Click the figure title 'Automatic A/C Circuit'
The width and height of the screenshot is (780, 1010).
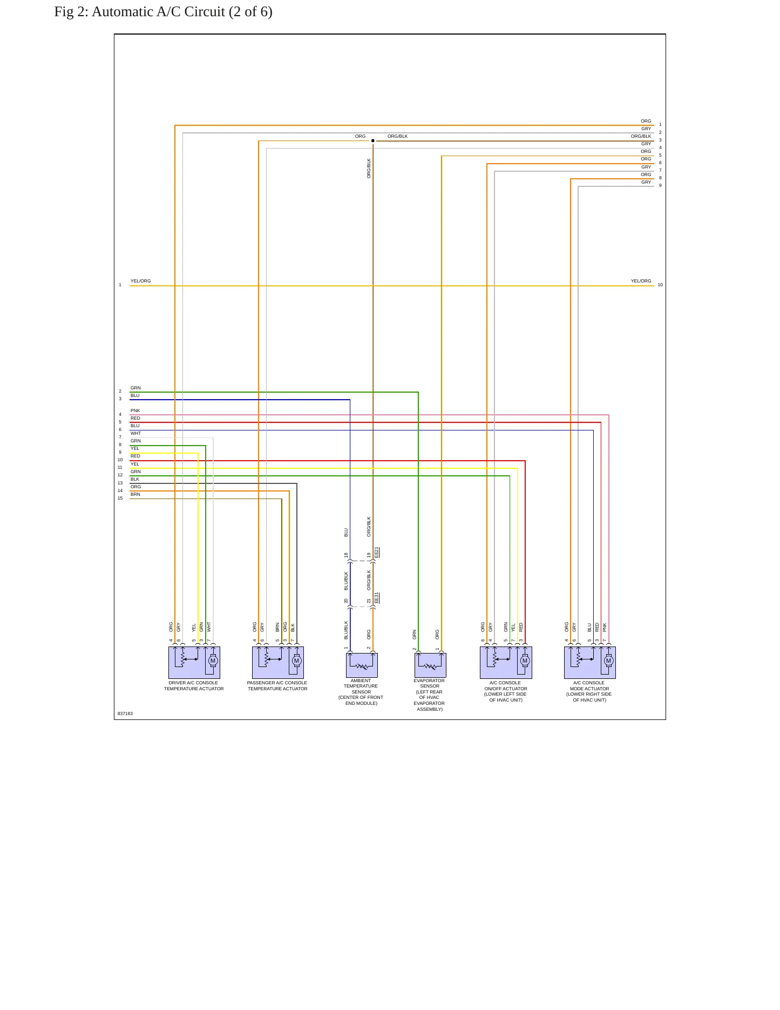(x=158, y=12)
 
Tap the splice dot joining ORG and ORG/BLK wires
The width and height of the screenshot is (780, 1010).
(x=372, y=141)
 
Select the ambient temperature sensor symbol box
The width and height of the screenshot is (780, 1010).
(x=362, y=665)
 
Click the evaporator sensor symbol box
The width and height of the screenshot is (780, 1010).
(x=430, y=665)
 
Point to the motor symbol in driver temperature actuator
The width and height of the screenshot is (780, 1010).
(x=213, y=661)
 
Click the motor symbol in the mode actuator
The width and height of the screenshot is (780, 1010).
(x=608, y=661)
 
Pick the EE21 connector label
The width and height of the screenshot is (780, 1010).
(x=377, y=553)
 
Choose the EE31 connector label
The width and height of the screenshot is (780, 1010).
(x=377, y=598)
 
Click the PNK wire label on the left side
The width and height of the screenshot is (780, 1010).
(x=135, y=410)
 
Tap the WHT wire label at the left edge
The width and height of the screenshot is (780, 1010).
(x=135, y=433)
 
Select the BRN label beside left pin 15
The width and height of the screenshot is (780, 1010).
(x=135, y=494)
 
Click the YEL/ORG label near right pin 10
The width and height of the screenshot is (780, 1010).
(x=641, y=281)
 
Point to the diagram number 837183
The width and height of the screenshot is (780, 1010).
(x=125, y=713)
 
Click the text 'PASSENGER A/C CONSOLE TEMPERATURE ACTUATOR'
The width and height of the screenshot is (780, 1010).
(x=277, y=686)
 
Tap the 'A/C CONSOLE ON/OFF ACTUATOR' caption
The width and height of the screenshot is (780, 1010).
(x=506, y=686)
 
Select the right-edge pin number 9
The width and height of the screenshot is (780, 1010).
(x=660, y=185)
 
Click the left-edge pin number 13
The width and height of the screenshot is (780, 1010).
(x=120, y=483)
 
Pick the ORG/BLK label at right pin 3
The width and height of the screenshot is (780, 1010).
(x=641, y=136)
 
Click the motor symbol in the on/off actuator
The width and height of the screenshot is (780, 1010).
(x=525, y=661)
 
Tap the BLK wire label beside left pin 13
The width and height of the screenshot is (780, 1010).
(x=135, y=479)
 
